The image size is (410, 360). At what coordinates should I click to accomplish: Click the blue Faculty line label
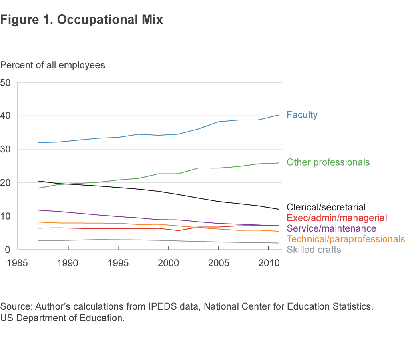[x=302, y=115]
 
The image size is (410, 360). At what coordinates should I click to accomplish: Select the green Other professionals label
[x=328, y=162]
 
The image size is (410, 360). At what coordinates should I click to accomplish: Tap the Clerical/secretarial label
[x=326, y=207]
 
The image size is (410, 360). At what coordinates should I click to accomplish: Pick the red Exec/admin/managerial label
[x=337, y=218]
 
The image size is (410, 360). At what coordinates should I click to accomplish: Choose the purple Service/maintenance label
[x=332, y=229]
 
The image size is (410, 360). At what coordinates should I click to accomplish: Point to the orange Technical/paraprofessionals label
[x=346, y=239]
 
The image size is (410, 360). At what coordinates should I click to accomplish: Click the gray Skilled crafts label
[x=314, y=250]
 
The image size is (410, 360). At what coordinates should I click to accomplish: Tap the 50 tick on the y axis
[x=6, y=82]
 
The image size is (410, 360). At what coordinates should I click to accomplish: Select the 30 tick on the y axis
[x=6, y=149]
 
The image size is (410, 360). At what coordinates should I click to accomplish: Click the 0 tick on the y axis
[x=8, y=250]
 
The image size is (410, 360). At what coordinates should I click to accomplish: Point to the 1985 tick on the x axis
[x=19, y=264]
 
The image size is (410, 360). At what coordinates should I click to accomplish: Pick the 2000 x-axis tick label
[x=168, y=264]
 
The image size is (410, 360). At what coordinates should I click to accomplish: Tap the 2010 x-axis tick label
[x=268, y=264]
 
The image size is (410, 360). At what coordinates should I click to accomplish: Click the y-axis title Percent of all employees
[x=52, y=65]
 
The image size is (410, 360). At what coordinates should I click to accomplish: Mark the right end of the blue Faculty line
[x=279, y=115]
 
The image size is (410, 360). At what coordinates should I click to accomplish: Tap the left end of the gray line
[x=38, y=240]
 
